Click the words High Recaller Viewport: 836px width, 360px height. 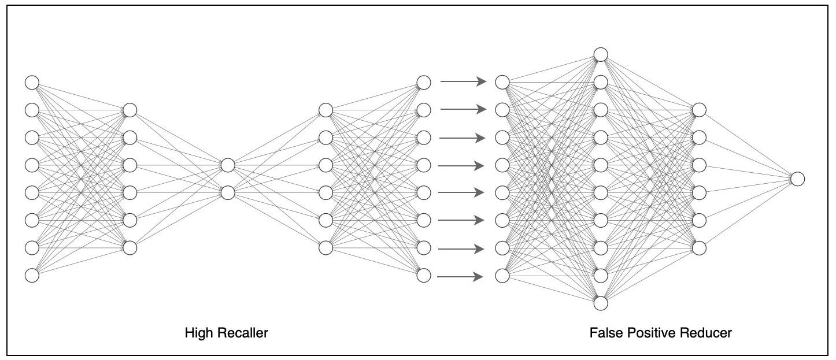[x=227, y=333]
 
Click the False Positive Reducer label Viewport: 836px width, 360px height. [x=660, y=333]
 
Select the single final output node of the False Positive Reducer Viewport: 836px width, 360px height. [x=797, y=179]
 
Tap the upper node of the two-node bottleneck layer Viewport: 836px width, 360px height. [x=228, y=165]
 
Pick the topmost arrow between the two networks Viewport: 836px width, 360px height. [x=463, y=82]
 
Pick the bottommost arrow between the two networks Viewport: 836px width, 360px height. [x=460, y=277]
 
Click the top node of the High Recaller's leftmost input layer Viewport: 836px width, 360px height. [x=32, y=82]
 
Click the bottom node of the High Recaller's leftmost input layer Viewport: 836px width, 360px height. [x=32, y=276]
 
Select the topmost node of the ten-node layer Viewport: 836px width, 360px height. [x=601, y=55]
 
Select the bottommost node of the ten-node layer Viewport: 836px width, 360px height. [x=601, y=303]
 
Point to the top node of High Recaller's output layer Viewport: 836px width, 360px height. [x=424, y=82]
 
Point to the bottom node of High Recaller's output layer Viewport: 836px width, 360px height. [x=424, y=276]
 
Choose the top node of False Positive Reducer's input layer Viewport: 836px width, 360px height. [x=502, y=82]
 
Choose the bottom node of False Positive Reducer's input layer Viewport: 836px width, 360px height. [x=502, y=276]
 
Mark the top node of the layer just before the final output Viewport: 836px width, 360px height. [x=699, y=110]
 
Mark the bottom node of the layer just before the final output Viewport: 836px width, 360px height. [x=699, y=248]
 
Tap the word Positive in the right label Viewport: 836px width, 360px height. [x=653, y=333]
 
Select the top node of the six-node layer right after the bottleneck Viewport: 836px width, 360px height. [x=326, y=110]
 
